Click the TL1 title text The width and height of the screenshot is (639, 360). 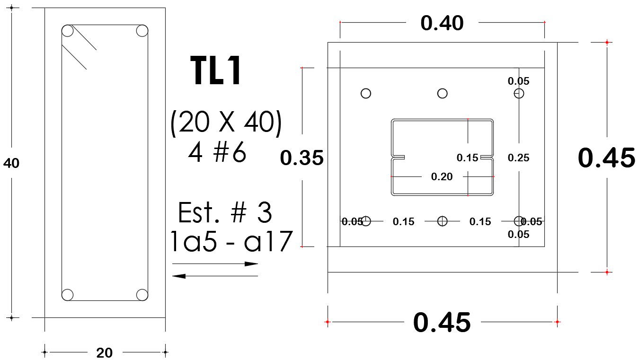tap(216, 71)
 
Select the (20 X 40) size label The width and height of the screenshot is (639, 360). tap(226, 124)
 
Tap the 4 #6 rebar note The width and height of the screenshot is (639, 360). tap(217, 153)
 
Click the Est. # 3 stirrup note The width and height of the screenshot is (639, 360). tap(225, 213)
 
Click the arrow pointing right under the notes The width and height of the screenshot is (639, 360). tap(215, 264)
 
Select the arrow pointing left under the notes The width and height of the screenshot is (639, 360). tap(215, 276)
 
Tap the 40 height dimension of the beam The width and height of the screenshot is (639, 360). tap(11, 163)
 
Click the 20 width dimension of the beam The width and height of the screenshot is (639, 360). tap(104, 352)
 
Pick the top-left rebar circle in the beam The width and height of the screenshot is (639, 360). tap(68, 31)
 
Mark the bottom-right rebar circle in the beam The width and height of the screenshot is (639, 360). tap(142, 295)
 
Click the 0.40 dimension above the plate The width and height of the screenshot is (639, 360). tap(442, 23)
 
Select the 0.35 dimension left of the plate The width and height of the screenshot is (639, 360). tap(302, 158)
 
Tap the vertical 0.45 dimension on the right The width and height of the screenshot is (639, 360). tap(606, 158)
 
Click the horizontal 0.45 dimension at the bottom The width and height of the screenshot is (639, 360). tap(442, 323)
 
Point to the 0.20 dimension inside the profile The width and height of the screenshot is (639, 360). tap(442, 176)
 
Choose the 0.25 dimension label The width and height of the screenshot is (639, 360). tap(518, 158)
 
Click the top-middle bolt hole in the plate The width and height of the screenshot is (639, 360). tap(442, 93)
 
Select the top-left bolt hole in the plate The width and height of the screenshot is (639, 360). tap(366, 93)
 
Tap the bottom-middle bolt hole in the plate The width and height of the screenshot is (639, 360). tap(442, 220)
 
